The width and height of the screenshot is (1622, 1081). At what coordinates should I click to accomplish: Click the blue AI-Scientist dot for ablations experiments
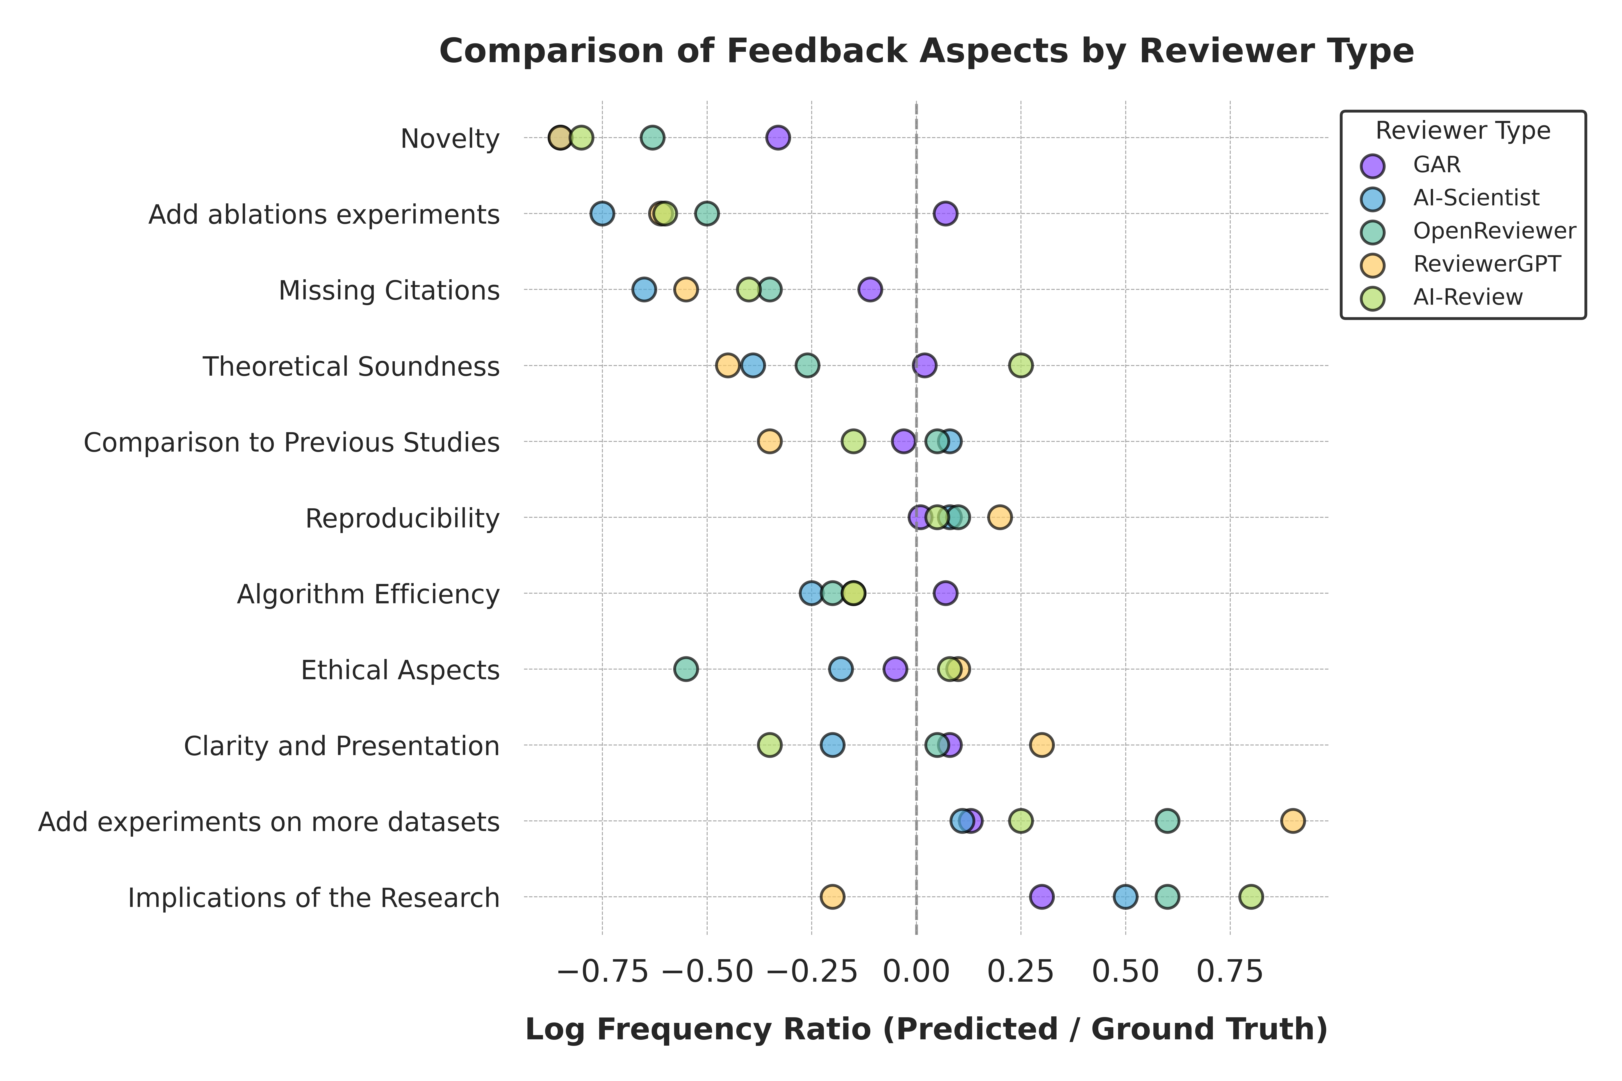tap(602, 214)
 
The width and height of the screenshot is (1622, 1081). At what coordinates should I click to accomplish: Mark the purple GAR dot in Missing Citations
tap(870, 290)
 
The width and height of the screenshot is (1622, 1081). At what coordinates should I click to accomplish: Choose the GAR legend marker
tap(1372, 166)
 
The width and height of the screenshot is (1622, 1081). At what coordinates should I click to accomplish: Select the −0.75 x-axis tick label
tap(602, 972)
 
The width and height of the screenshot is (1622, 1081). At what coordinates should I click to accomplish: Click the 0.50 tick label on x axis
tap(1125, 972)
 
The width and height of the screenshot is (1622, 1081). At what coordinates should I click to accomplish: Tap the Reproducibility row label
tap(402, 518)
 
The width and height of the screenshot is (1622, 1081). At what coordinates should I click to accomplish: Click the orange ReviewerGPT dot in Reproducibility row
tap(1000, 517)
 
